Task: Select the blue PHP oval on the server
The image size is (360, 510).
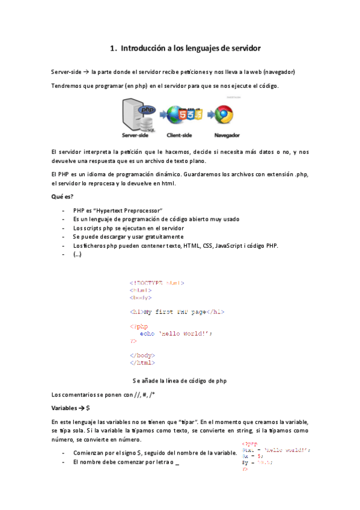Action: (x=147, y=109)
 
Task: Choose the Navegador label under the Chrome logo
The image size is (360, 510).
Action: (x=226, y=135)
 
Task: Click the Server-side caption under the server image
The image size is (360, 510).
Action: (x=135, y=135)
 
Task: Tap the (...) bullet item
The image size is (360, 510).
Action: (x=78, y=254)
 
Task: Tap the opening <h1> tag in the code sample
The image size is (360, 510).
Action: (x=136, y=312)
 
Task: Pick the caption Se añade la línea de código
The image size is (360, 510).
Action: (x=180, y=381)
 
